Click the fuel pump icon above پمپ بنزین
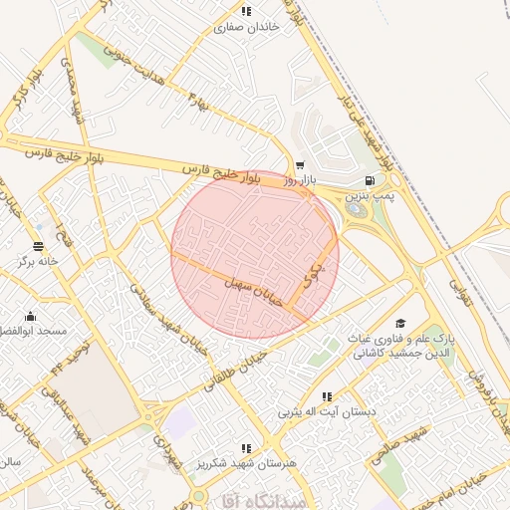(371, 181)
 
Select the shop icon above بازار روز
(300, 166)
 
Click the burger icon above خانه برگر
(38, 246)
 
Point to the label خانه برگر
(38, 262)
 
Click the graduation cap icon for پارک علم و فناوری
(400, 323)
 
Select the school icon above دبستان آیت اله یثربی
(328, 395)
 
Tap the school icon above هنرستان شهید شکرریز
(246, 448)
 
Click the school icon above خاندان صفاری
(246, 12)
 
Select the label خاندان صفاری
(243, 28)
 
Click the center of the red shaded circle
(255, 255)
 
